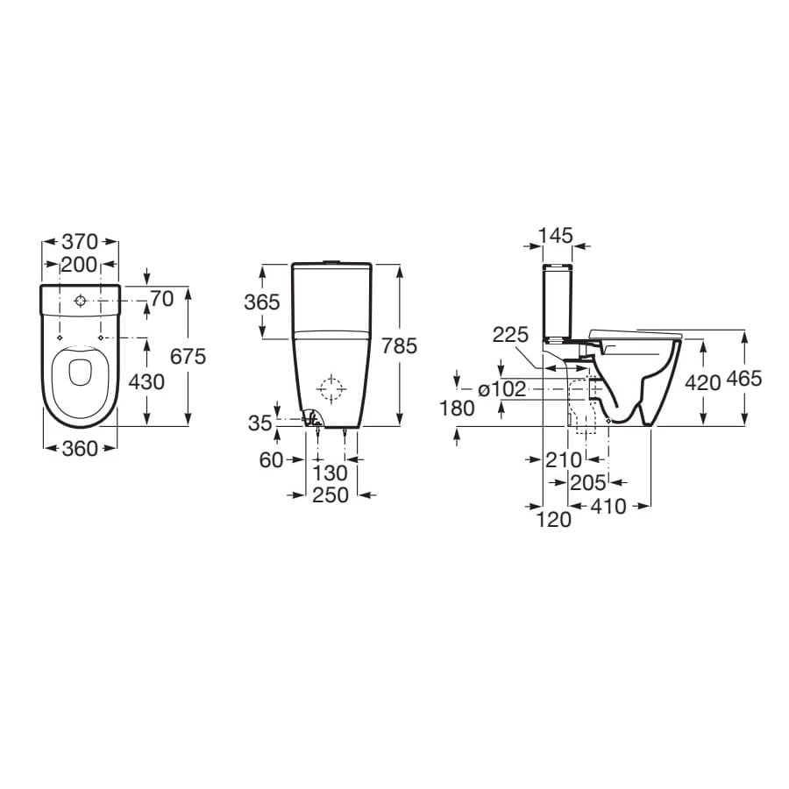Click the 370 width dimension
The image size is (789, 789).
coord(80,242)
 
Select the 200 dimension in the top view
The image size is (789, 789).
coord(79,264)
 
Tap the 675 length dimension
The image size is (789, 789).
coord(188,356)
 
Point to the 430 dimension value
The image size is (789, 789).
coord(146,382)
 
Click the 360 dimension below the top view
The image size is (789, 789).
coord(80,449)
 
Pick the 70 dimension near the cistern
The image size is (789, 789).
coord(162,299)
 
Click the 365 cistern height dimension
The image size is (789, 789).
coord(261,302)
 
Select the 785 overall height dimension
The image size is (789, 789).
coord(399,345)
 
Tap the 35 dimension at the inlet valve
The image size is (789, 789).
coord(260,423)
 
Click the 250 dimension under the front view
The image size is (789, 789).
coord(331,495)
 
